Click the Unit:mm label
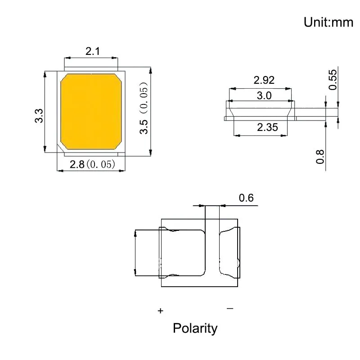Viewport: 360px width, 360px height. tap(328, 22)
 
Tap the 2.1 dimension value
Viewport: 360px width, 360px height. tap(93, 51)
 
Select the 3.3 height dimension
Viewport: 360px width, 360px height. tap(39, 116)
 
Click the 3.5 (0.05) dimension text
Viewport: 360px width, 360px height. tap(144, 108)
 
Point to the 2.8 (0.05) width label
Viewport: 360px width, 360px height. tap(92, 164)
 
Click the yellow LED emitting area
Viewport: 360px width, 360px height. tap(91, 112)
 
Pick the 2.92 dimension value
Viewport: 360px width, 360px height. tap(264, 80)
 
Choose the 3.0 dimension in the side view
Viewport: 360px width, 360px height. tap(264, 95)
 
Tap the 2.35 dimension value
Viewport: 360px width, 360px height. tap(267, 127)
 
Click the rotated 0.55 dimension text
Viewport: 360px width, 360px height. tap(333, 80)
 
